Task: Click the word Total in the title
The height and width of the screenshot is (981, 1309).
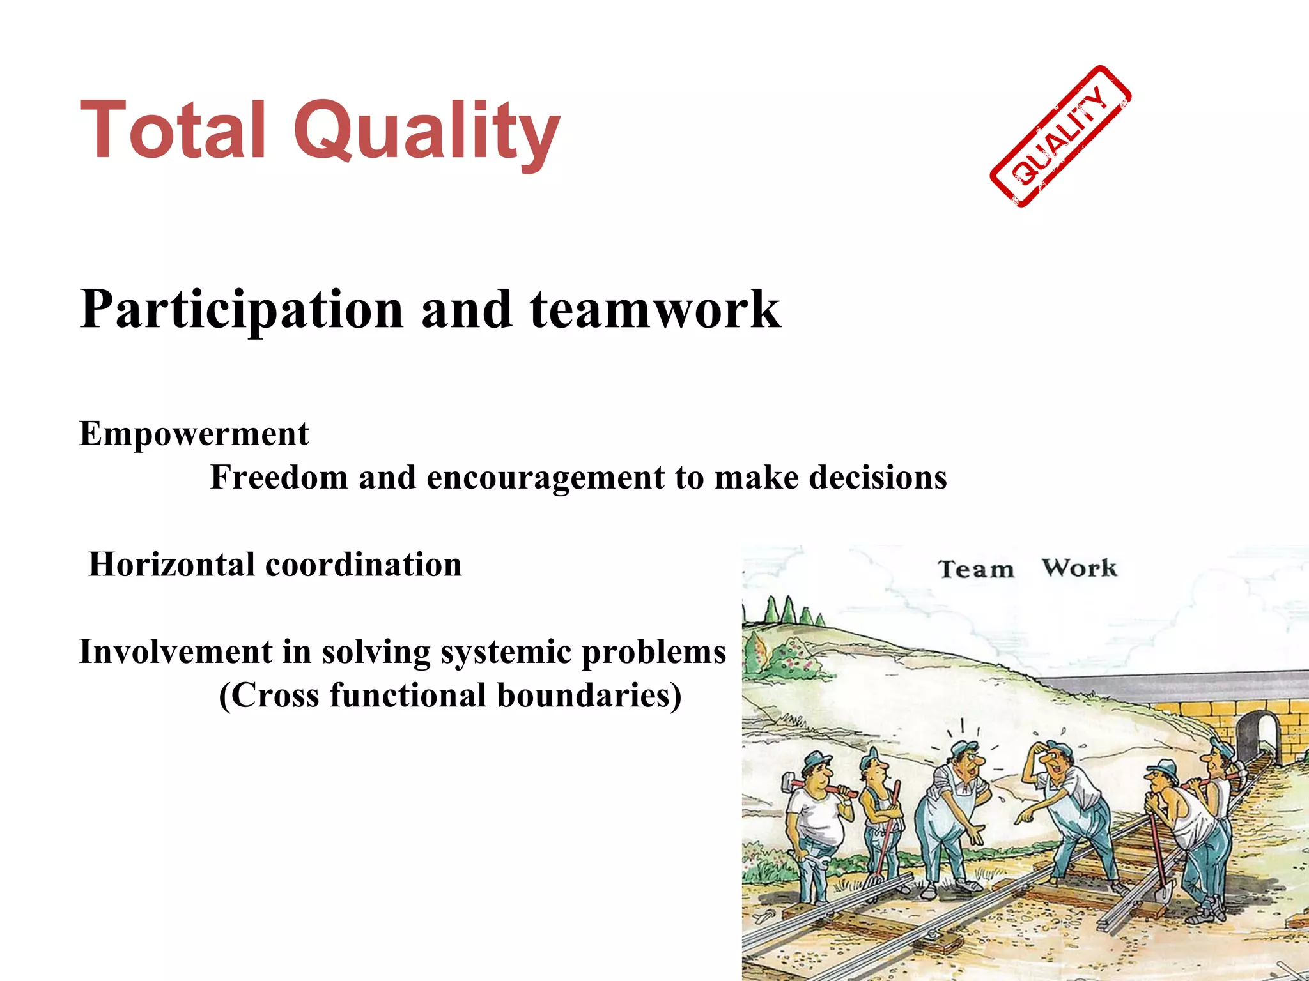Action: (171, 131)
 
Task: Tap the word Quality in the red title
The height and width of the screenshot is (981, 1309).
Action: (426, 134)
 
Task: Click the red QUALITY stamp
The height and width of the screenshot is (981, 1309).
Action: (1060, 136)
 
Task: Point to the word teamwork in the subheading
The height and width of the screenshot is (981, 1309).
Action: (654, 310)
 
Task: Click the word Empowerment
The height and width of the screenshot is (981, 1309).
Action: (194, 434)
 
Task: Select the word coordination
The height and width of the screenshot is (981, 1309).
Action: (363, 565)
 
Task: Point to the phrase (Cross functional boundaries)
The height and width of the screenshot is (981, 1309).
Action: (449, 696)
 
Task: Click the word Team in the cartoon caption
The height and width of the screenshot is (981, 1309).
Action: (975, 569)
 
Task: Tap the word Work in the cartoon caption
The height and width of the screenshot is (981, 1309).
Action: (1079, 568)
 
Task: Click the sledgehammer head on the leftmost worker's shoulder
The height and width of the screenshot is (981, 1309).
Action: (786, 784)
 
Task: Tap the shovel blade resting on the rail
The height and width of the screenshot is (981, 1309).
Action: (1164, 892)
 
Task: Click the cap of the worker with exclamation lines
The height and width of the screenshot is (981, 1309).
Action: (963, 747)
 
